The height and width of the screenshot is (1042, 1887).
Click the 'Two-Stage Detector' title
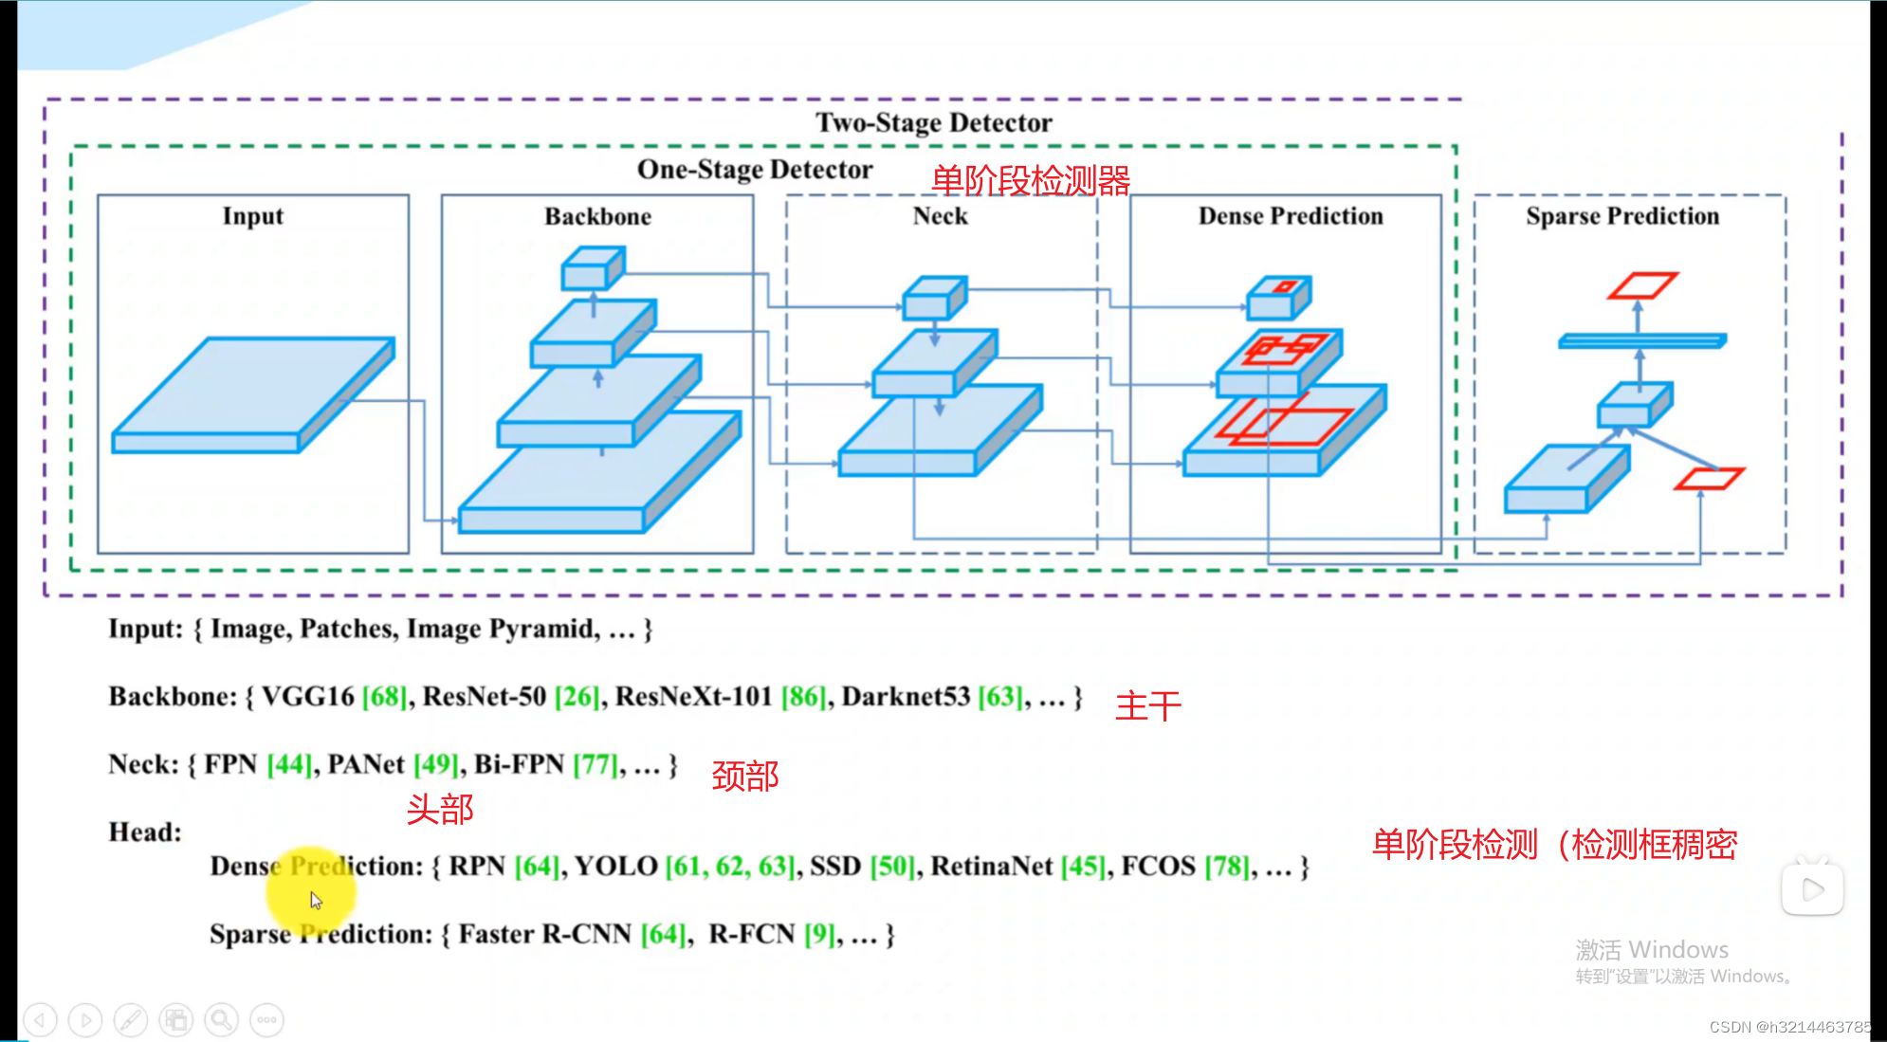(933, 122)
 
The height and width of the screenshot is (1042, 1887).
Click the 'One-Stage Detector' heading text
(754, 170)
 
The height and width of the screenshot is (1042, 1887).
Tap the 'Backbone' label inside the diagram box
(597, 216)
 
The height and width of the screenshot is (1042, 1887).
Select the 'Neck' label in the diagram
(940, 216)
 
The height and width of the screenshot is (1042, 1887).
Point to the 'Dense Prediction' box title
(1290, 216)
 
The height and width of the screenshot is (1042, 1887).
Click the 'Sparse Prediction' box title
(1621, 216)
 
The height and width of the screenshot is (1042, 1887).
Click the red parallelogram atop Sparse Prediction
(1642, 284)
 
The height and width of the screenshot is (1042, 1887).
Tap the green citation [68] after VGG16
(384, 697)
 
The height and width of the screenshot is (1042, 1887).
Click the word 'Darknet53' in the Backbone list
(906, 697)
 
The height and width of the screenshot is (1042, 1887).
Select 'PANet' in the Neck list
(366, 764)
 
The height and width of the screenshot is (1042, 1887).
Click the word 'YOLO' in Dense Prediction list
(615, 867)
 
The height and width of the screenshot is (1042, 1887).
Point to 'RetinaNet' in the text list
(991, 867)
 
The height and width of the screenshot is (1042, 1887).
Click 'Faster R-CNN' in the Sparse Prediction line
(544, 935)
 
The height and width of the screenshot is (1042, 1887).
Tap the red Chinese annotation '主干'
(1147, 706)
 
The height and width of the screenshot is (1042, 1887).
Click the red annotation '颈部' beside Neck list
(745, 777)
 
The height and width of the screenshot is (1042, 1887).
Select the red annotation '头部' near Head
(440, 810)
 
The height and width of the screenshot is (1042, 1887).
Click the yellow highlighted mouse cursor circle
(311, 891)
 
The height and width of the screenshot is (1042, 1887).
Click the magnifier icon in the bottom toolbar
(221, 1020)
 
